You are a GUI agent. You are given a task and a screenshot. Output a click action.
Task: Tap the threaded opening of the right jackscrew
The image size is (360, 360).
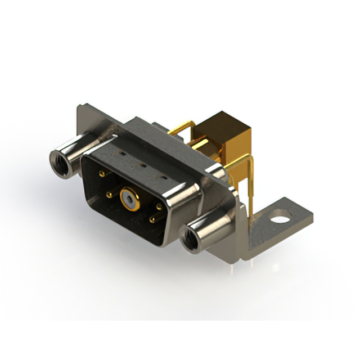coord(190,237)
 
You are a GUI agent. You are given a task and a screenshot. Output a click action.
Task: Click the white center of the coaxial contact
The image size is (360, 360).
coord(130,199)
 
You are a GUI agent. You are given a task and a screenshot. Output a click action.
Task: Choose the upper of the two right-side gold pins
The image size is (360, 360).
coord(159,206)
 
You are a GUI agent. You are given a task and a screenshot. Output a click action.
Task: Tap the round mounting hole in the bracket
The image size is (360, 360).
coord(279,214)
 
